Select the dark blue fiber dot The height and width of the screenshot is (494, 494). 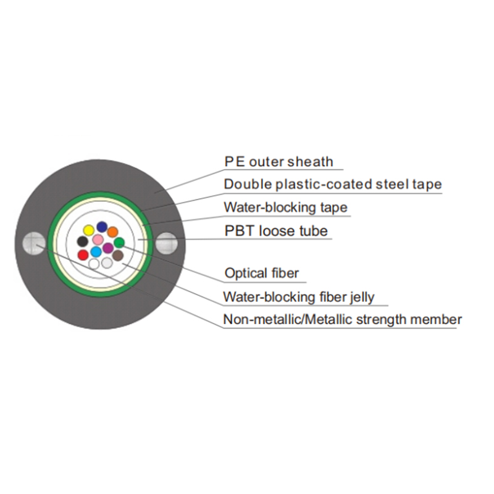(101, 227)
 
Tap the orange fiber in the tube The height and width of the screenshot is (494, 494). (112, 232)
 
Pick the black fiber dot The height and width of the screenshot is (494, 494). (82, 241)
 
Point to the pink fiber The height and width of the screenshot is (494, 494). (98, 240)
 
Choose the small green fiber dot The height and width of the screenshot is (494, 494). (119, 243)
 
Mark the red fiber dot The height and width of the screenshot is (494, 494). (83, 254)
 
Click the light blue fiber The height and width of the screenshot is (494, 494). (96, 252)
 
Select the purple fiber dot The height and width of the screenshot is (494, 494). (108, 248)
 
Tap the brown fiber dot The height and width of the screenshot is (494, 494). (117, 255)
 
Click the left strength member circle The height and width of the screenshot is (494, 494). (31, 243)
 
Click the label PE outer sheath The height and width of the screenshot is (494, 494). (278, 162)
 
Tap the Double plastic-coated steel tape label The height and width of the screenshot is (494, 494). (332, 184)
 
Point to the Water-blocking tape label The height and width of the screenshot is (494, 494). (285, 207)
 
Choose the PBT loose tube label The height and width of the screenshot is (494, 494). (275, 232)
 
